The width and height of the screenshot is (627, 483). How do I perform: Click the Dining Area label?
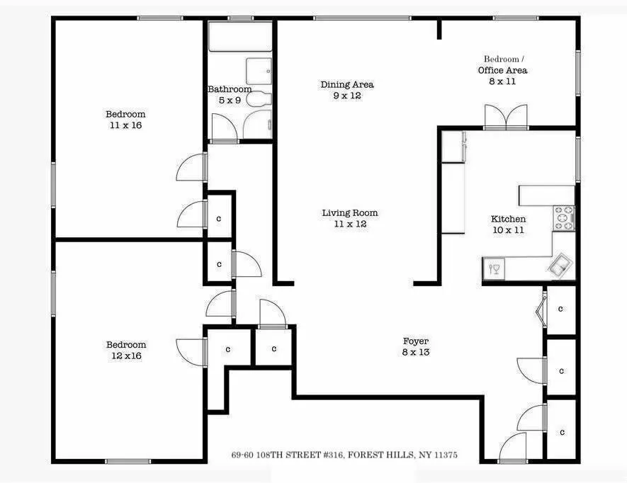347,85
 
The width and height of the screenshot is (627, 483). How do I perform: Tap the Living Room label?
350,212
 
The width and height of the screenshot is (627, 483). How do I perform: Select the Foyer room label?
416,341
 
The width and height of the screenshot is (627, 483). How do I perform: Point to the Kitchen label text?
508,219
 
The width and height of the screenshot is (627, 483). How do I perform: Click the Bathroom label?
229,90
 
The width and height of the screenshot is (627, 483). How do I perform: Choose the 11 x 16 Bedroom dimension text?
125,125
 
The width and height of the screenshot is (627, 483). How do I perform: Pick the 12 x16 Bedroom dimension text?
125,356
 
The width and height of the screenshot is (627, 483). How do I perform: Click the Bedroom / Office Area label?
502,64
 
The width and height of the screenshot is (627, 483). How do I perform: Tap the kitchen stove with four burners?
564,218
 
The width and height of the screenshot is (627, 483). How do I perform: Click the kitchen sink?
559,266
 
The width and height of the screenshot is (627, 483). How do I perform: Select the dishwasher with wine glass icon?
495,268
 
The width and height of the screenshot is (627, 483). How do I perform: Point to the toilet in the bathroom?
259,99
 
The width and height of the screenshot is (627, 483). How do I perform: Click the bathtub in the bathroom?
239,36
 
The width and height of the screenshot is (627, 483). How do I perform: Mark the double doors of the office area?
506,117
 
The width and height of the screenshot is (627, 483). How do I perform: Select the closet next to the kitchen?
560,309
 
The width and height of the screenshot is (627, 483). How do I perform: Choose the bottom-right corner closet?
560,431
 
